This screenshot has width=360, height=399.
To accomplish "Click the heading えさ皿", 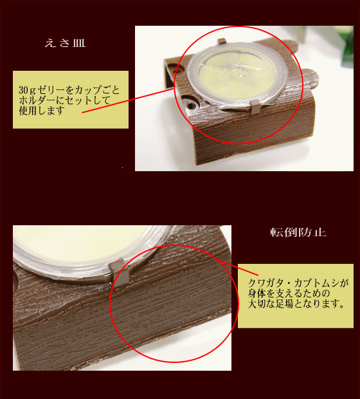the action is [x=65, y=43].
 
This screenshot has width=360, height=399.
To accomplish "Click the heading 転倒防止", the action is [x=298, y=232].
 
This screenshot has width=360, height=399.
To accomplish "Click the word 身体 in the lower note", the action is [x=257, y=293].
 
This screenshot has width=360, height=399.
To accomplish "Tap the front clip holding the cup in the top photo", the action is [x=255, y=107].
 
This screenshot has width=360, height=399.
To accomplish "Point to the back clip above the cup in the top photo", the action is [x=221, y=41].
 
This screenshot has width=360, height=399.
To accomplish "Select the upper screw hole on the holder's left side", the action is [x=179, y=70].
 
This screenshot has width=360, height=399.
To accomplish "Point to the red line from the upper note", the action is [x=128, y=100].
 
